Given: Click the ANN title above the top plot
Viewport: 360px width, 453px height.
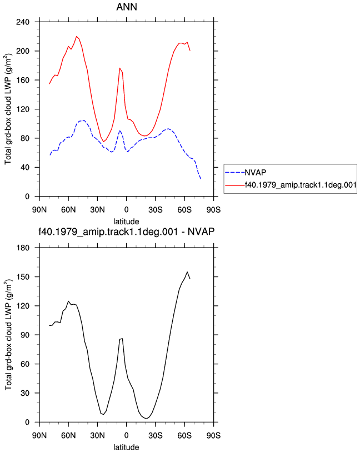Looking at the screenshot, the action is click(127, 7).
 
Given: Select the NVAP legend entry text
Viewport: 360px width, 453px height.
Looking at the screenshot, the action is click(256, 173).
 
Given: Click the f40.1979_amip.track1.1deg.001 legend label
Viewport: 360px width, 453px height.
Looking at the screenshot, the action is click(301, 185).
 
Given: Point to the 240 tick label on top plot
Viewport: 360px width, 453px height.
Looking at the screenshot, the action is click(23, 22).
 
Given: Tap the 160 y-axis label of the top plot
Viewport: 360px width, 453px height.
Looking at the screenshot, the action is click(23, 80).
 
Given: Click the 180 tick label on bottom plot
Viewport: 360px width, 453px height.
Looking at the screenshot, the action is click(23, 248).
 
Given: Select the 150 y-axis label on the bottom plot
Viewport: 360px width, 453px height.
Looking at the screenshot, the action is click(23, 277).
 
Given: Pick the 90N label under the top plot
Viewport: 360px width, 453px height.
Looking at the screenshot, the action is click(39, 210).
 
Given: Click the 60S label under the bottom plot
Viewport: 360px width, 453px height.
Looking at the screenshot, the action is click(184, 436).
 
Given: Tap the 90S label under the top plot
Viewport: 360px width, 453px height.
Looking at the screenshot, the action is click(213, 210).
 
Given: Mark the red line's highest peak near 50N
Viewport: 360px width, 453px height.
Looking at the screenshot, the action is click(77, 37).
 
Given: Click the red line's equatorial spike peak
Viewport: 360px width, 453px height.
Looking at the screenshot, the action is click(119, 68).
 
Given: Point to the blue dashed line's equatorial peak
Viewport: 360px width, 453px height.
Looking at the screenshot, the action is click(119, 130).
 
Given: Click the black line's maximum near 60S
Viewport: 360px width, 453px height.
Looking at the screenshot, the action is click(187, 272).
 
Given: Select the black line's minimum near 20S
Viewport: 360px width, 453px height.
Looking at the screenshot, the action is click(147, 419).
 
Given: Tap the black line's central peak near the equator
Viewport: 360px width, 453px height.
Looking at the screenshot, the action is click(122, 339).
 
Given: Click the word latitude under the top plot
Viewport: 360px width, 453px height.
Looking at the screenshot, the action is click(126, 222).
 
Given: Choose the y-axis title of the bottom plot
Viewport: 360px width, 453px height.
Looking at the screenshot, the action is click(8, 335).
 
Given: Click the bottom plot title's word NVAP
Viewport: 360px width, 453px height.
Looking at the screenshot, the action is click(201, 231).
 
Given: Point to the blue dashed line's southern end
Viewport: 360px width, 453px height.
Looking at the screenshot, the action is click(201, 179).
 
